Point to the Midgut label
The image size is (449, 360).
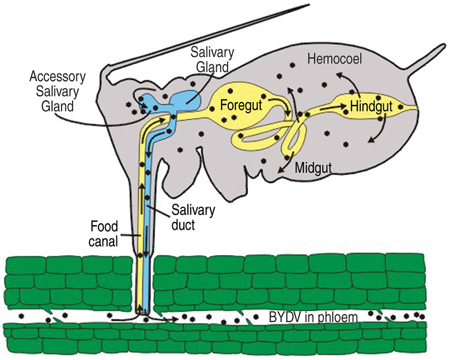coord(311,167)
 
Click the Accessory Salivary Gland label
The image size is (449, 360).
coord(57,91)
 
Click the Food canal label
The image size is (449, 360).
coord(104,233)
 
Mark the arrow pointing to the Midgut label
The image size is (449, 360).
coord(286,166)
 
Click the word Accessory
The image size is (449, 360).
coord(57,77)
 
